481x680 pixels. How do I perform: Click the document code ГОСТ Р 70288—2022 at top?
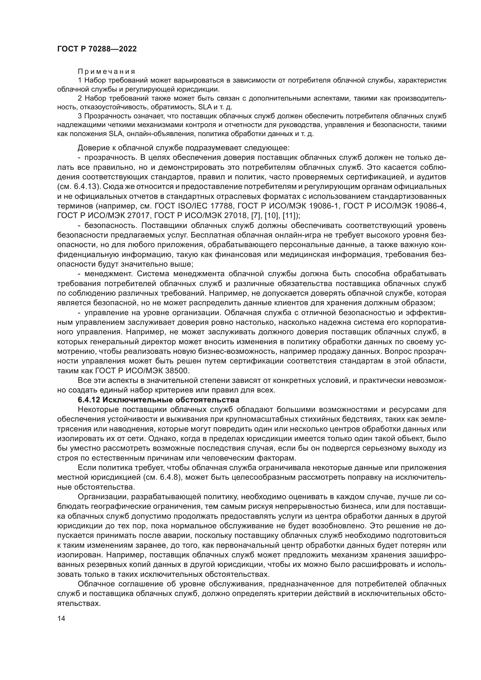point(97,49)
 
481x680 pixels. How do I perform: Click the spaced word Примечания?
point(106,72)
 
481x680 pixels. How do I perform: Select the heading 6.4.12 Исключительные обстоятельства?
point(158,400)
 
